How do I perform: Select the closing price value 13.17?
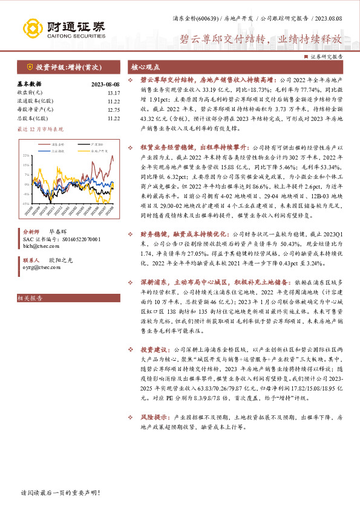(114, 92)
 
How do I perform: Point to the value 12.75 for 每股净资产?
(114, 109)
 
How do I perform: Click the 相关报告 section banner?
(30, 297)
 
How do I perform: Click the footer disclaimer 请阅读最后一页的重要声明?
(60, 493)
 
